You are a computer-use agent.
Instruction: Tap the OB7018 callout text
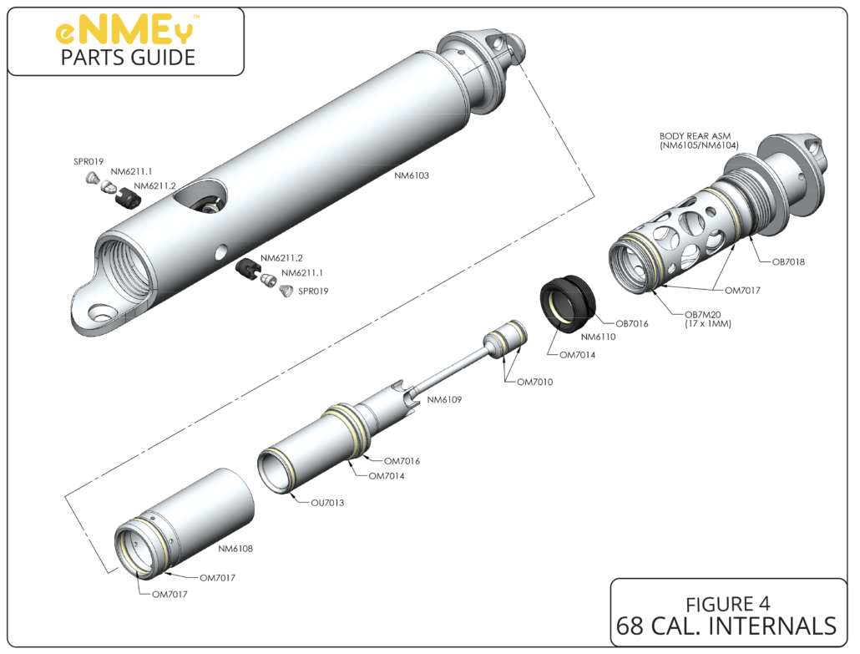787,261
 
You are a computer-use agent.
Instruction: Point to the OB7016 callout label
632,323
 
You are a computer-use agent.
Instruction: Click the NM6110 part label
598,337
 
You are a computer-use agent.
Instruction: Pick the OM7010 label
537,382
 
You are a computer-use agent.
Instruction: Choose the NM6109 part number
444,399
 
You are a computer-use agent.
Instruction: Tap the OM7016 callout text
402,460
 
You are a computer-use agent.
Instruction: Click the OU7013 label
327,503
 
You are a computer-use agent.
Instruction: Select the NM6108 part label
235,549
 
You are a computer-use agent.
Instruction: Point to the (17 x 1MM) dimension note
707,323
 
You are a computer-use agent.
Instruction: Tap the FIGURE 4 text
727,602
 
